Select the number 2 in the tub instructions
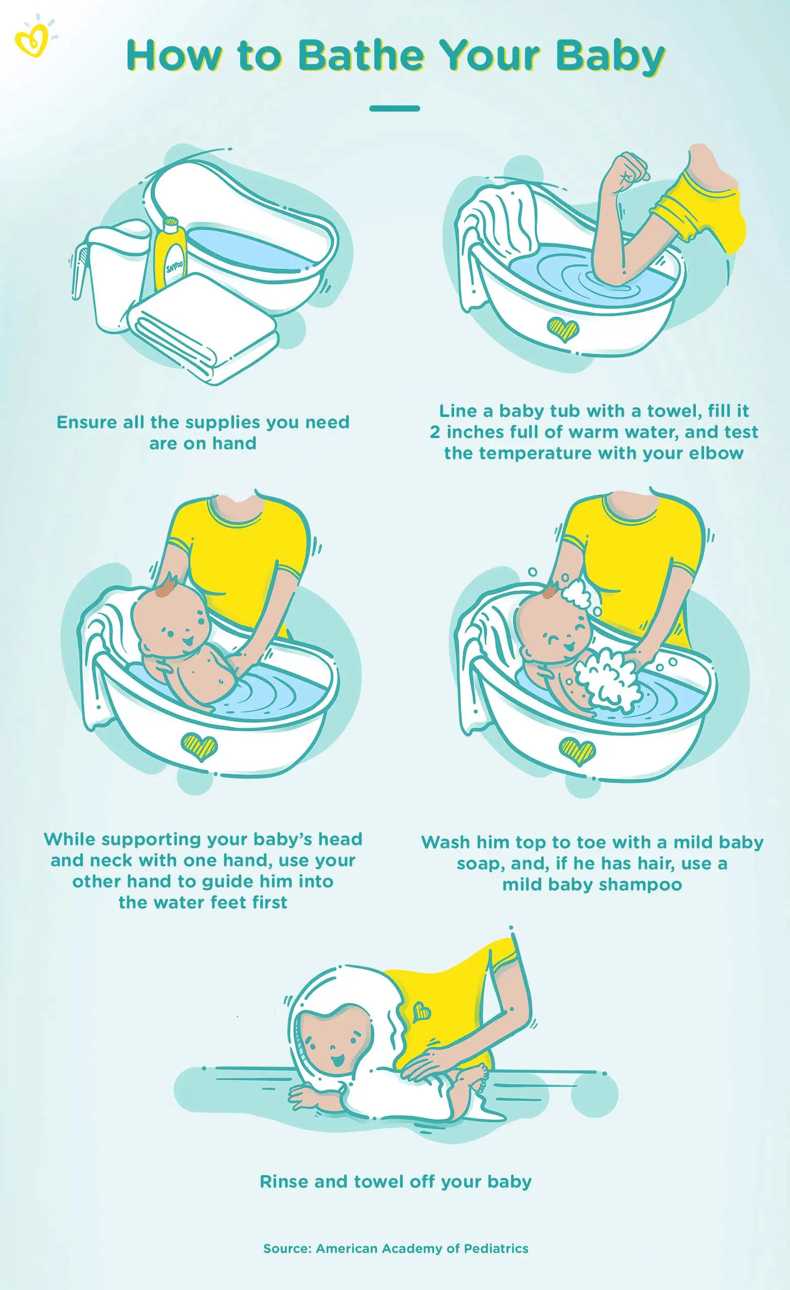(435, 432)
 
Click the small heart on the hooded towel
(421, 1012)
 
